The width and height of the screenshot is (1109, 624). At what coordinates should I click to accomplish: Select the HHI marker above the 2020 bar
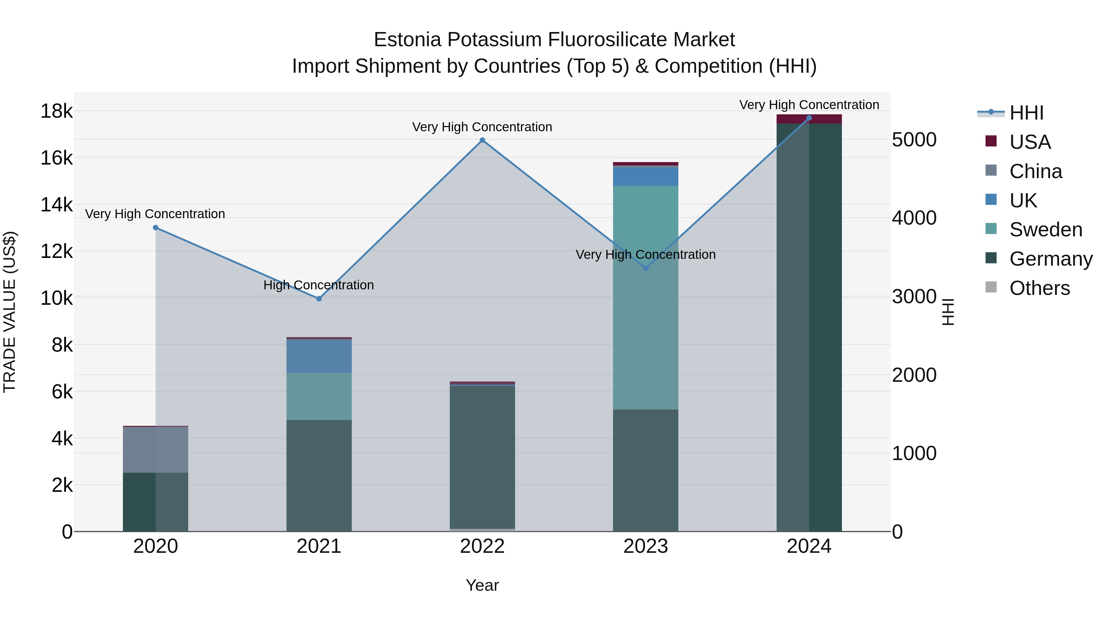point(156,228)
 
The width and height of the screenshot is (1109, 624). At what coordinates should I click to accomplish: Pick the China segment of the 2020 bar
point(156,450)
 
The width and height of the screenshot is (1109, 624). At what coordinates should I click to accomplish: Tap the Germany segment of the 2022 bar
point(482,456)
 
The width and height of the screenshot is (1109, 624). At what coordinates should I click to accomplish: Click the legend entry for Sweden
point(1045,230)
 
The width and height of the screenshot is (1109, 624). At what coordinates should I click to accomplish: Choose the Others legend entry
point(1039,288)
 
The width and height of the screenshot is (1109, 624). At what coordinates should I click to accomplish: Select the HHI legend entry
point(1026,113)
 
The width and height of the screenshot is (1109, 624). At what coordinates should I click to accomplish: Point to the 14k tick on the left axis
point(56,205)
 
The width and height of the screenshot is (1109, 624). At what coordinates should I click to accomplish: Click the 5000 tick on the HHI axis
point(914,140)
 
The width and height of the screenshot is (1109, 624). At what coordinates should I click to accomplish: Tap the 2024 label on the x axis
point(809,546)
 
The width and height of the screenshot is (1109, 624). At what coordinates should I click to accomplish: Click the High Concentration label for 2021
point(319,285)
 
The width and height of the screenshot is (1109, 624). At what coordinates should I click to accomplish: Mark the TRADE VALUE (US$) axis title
point(10,312)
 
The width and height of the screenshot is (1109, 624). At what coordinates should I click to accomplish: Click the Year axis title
point(482,585)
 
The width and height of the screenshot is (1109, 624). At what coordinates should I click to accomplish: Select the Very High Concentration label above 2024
point(809,105)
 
